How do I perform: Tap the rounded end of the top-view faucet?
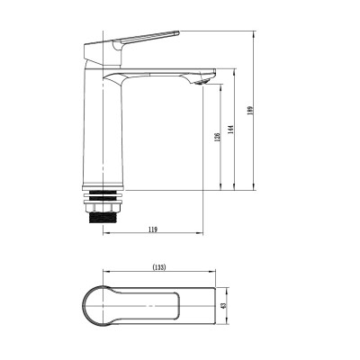(90, 306)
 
